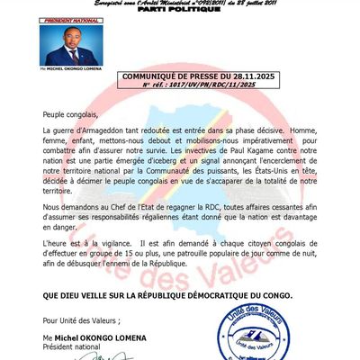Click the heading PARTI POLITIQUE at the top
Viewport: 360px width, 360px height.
pos(180,13)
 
